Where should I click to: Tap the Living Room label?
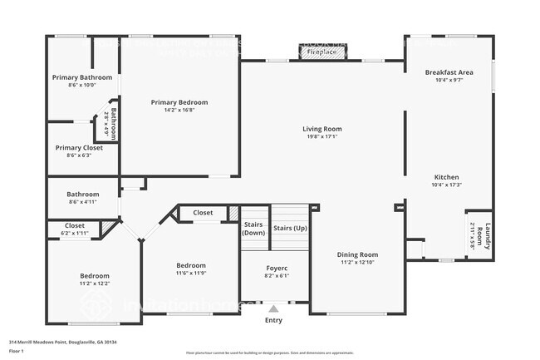(322, 129)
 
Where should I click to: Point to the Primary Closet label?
(79, 147)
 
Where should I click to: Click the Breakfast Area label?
(449, 72)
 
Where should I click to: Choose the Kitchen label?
(446, 177)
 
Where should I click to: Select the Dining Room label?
(357, 254)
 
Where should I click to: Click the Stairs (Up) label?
(290, 228)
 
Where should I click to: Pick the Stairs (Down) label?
(253, 229)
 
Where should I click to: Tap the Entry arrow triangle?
(273, 308)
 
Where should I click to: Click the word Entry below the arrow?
(273, 320)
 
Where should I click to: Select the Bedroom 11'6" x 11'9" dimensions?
(190, 273)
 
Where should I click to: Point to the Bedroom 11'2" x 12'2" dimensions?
(94, 284)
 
